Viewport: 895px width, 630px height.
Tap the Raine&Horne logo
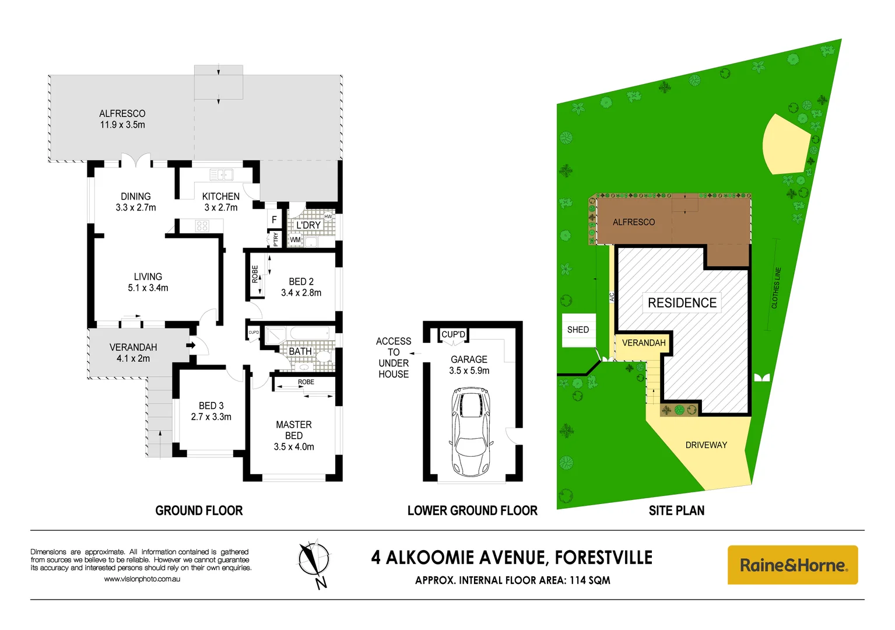(792, 565)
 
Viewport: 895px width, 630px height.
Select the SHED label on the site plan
(578, 330)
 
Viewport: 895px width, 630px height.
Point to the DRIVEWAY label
(706, 445)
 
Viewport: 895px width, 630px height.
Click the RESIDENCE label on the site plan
(682, 303)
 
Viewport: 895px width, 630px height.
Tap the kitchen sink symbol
(221, 174)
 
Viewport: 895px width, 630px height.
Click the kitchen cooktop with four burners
(202, 226)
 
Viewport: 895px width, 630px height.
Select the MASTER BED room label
(294, 430)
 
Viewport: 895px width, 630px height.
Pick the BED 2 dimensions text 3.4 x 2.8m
(301, 293)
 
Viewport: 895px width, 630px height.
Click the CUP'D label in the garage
(453, 334)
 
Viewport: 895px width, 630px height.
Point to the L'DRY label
(308, 225)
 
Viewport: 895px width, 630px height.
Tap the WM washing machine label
(296, 240)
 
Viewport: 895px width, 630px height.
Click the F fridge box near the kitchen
(274, 220)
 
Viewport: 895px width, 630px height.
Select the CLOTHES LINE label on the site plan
(776, 288)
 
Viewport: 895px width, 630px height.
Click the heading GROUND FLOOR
(199, 510)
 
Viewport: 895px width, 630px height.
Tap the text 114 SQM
(589, 580)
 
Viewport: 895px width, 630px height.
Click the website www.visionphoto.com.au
(142, 579)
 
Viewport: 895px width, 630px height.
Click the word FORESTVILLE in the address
(603, 558)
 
